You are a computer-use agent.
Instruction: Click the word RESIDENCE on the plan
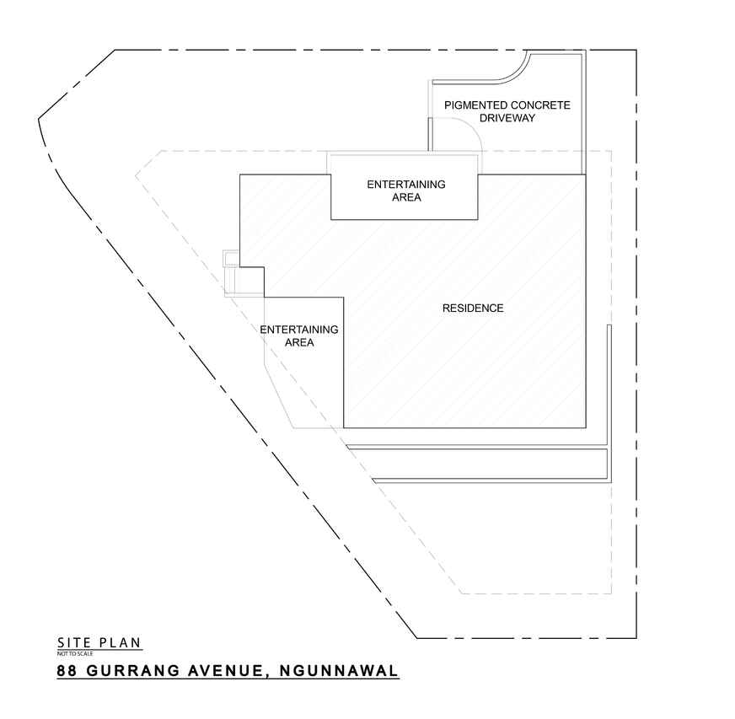pyautogui.click(x=473, y=309)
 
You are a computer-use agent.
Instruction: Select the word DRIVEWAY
pyautogui.click(x=507, y=119)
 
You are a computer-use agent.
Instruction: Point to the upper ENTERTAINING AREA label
pyautogui.click(x=405, y=191)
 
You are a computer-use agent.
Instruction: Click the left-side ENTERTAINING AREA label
pyautogui.click(x=299, y=335)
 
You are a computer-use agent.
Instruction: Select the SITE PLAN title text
pyautogui.click(x=99, y=643)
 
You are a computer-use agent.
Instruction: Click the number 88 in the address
pyautogui.click(x=67, y=672)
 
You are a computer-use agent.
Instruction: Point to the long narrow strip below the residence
pyautogui.click(x=489, y=463)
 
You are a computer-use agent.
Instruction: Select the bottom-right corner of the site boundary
pyautogui.click(x=636, y=637)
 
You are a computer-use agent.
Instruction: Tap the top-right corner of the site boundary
pyautogui.click(x=636, y=51)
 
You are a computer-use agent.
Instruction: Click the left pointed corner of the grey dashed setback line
pyautogui.click(x=137, y=175)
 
